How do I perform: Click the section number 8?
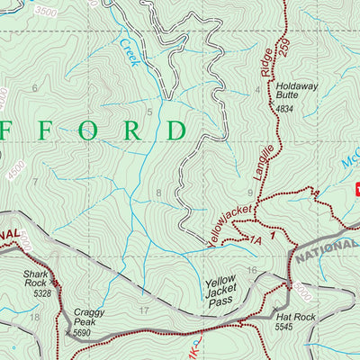click(159, 193)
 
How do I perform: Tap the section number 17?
click(144, 310)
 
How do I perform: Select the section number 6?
click(35, 87)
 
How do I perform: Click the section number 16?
click(253, 270)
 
